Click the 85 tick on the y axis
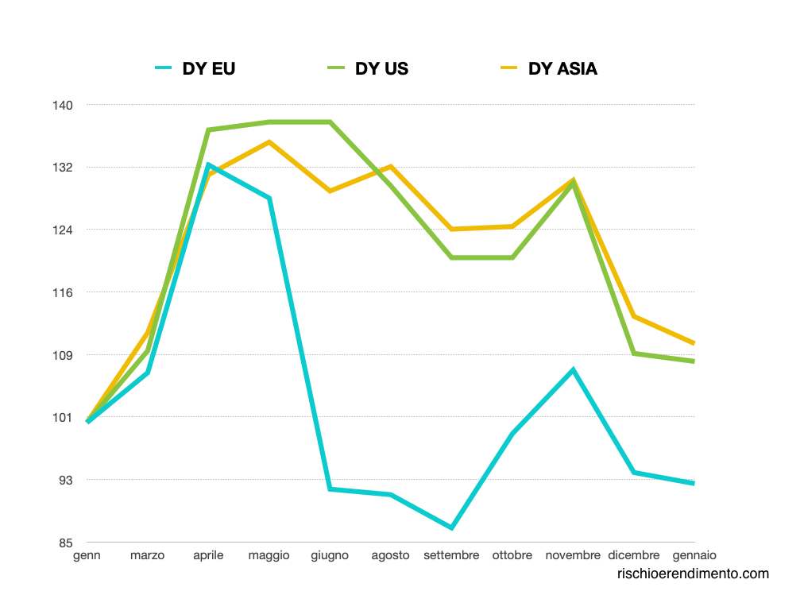(x=66, y=543)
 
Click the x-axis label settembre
(x=451, y=555)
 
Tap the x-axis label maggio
(x=269, y=555)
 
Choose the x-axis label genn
(x=87, y=555)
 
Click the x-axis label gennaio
(x=694, y=555)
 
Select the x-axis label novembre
(x=573, y=555)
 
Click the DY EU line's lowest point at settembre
(x=451, y=527)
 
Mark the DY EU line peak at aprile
(x=208, y=164)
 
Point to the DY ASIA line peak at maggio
(x=269, y=142)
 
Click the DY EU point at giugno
(x=330, y=489)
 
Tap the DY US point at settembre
(x=451, y=257)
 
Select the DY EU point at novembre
(x=573, y=369)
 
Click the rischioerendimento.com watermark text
(x=693, y=574)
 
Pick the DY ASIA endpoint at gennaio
(x=694, y=343)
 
